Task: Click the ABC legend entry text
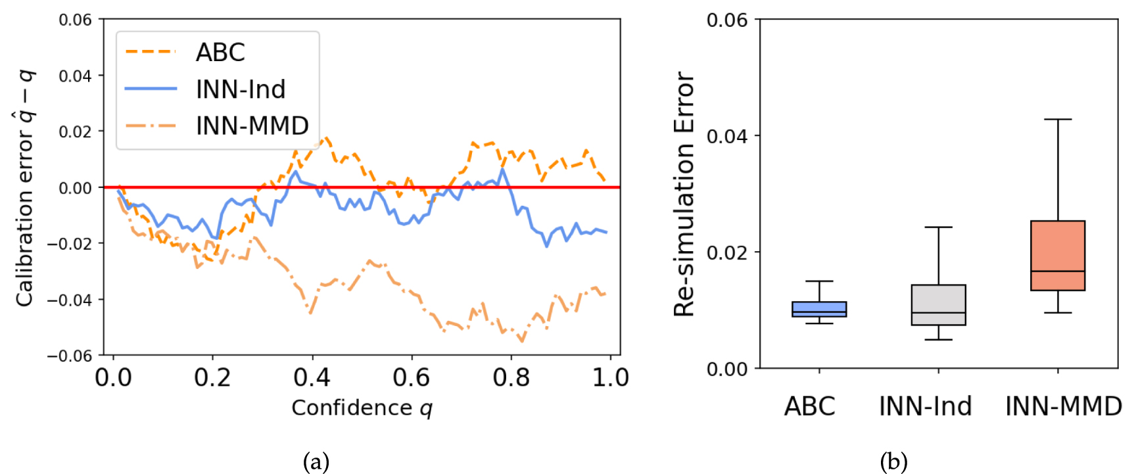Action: point(220,53)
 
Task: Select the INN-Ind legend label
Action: point(241,89)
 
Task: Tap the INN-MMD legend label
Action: point(252,126)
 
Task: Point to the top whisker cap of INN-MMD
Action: point(1058,120)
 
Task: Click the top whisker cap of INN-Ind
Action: point(938,227)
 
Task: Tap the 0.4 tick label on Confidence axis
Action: point(312,378)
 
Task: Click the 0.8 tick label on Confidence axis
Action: point(511,378)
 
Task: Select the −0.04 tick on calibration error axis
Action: point(69,300)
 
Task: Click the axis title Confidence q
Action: point(362,408)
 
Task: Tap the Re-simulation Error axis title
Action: point(684,194)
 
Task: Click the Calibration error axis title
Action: point(25,188)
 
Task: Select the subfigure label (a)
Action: point(316,462)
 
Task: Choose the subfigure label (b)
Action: point(894,462)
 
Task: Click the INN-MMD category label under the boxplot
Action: point(1063,406)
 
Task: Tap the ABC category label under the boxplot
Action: point(809,406)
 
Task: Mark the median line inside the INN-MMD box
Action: point(1058,271)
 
